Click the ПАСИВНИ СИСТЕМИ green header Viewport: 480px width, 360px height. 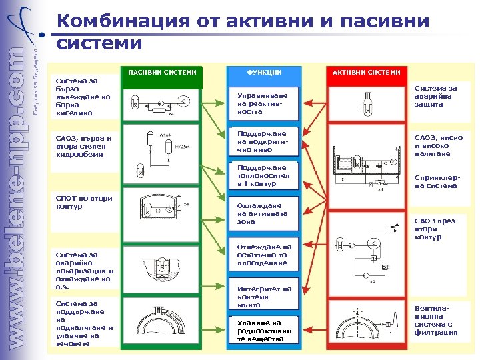163,72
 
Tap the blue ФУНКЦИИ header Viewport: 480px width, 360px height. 265,72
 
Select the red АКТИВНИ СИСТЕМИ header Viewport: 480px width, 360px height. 367,72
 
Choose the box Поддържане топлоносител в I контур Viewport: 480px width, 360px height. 262,175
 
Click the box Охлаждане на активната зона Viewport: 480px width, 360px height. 262,213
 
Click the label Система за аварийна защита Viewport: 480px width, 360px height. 436,96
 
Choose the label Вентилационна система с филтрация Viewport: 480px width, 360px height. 436,321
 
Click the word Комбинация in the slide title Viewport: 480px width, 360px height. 123,21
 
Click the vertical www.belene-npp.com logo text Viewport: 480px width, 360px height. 21,200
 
